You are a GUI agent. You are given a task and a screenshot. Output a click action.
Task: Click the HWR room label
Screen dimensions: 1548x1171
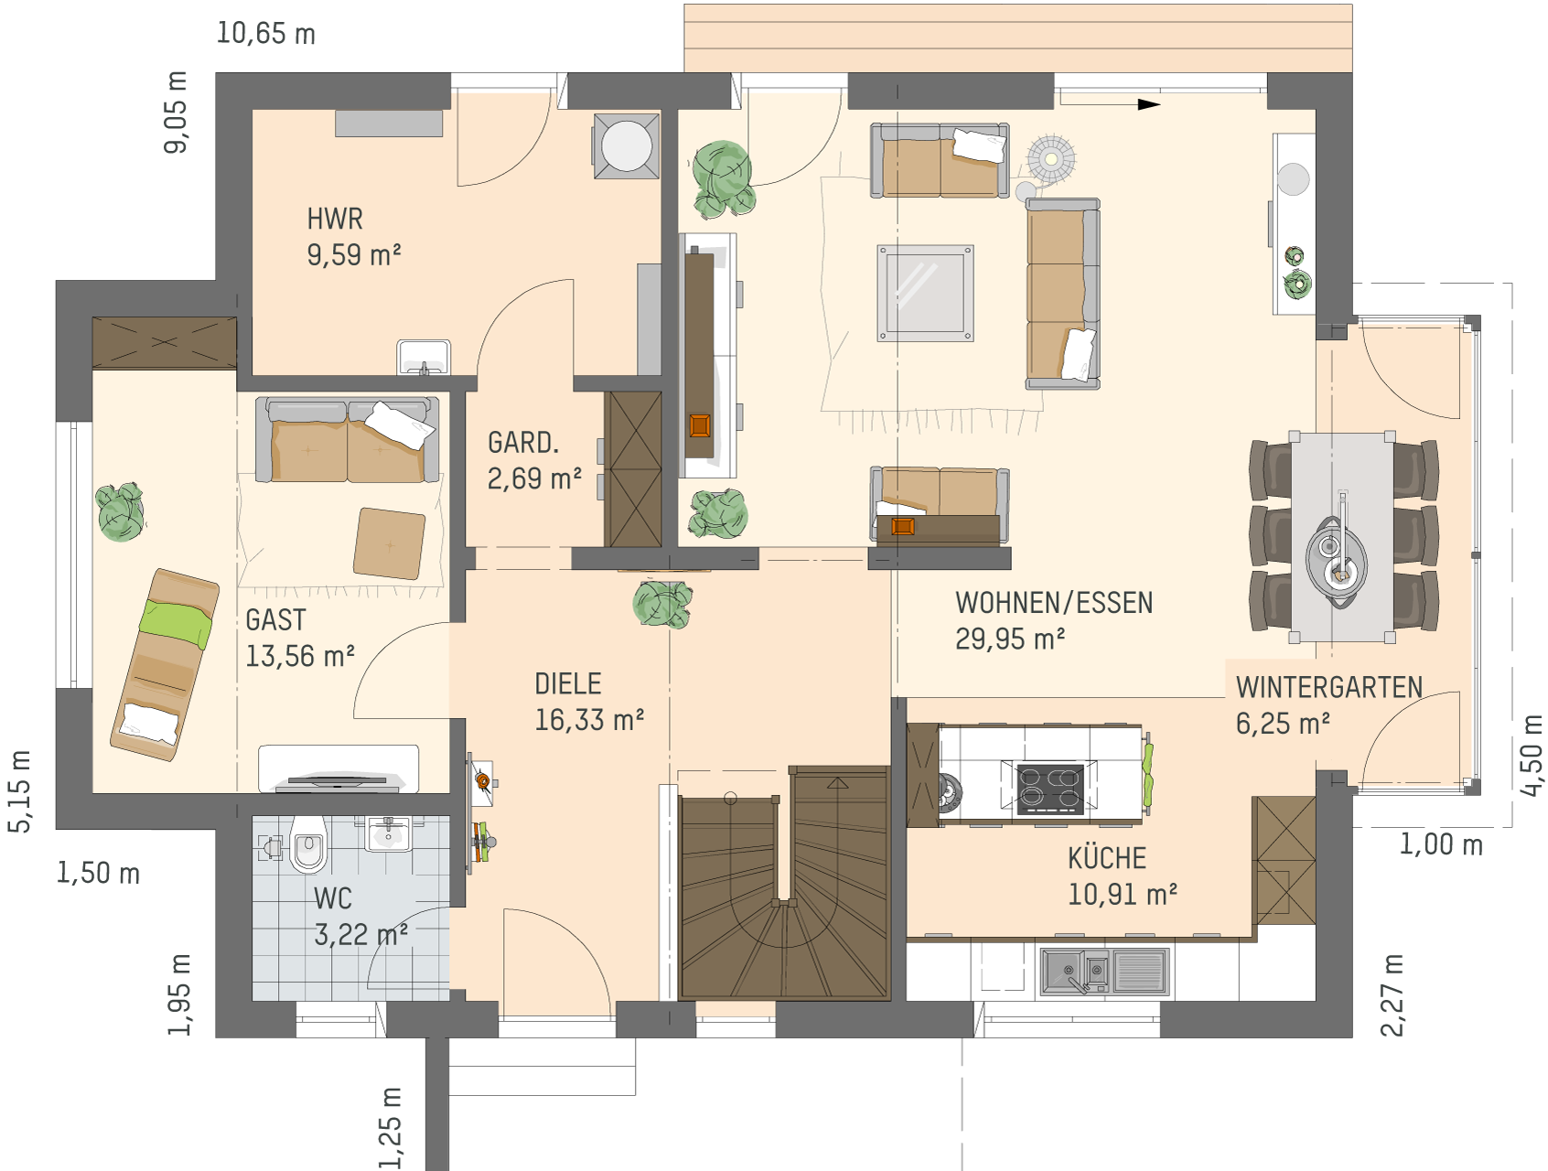(335, 220)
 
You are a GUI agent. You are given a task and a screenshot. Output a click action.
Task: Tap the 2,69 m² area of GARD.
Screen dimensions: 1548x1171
(534, 478)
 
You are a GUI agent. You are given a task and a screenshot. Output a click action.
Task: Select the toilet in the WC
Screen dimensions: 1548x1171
(308, 845)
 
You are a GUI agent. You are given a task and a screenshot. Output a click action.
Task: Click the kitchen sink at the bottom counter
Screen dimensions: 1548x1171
(1104, 972)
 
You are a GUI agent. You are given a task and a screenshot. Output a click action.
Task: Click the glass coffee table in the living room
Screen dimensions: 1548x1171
(925, 293)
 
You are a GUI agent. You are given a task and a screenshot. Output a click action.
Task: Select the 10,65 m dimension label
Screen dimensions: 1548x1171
(265, 34)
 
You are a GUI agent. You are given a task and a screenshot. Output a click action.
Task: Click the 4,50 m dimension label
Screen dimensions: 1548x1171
(1530, 756)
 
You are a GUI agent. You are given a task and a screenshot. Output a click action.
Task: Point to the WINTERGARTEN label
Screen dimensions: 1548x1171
(1328, 688)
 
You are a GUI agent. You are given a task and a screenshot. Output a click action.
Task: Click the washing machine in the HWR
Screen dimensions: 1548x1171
(627, 145)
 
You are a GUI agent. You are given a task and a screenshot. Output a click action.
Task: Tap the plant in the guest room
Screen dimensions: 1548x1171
(121, 511)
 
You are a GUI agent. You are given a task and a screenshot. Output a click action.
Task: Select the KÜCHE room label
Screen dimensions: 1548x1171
(1107, 858)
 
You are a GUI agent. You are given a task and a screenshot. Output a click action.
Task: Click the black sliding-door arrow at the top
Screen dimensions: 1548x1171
(1149, 104)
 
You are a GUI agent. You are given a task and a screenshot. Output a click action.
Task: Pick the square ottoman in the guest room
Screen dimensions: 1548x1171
(390, 543)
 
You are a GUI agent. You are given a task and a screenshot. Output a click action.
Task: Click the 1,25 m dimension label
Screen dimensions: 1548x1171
(391, 1128)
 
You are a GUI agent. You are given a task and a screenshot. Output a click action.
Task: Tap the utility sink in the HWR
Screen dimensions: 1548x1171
(424, 357)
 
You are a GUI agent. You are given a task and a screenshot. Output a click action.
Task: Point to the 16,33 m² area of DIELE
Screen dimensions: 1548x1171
(589, 721)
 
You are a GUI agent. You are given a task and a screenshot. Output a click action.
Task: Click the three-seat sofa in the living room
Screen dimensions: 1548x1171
(1062, 294)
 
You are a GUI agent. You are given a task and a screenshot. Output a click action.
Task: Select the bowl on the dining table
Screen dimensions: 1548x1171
(1337, 557)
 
